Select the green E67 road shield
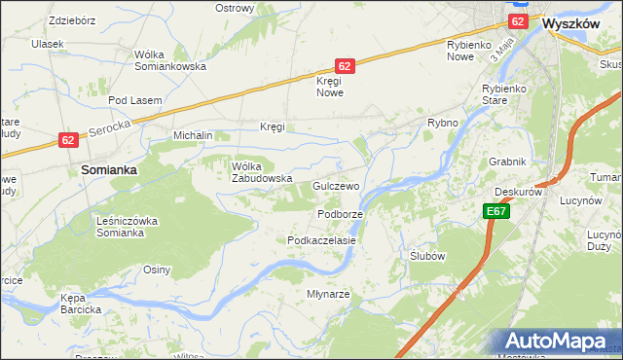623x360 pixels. coord(495,211)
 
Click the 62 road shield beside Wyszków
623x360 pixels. coord(518,20)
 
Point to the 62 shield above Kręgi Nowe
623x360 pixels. coord(345,65)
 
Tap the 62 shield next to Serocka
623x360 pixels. coord(66,140)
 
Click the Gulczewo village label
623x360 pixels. coord(337,185)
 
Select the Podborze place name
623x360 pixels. coord(340,214)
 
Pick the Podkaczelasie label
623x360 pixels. coord(321,239)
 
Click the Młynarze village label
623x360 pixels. coord(329,293)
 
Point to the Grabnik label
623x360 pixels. coord(508,162)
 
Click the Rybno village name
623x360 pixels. coord(443,124)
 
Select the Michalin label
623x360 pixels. coord(192,135)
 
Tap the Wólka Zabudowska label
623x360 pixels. coord(262,172)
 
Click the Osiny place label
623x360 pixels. coord(157,270)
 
